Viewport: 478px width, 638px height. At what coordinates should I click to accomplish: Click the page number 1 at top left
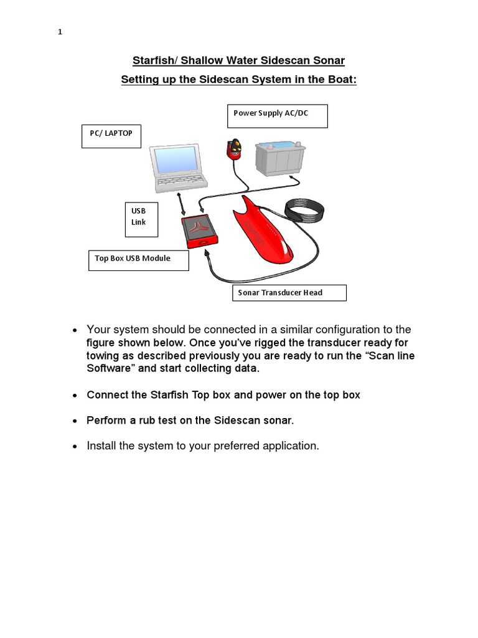[x=60, y=32]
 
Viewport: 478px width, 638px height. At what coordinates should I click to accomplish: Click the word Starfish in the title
[x=152, y=60]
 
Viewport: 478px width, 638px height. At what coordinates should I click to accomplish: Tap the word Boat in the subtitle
[x=340, y=80]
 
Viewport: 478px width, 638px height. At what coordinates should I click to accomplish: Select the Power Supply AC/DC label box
[x=278, y=116]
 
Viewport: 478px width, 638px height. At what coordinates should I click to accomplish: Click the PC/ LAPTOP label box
[x=111, y=136]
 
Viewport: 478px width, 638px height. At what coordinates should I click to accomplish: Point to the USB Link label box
[x=141, y=219]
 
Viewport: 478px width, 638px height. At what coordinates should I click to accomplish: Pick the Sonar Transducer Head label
[x=289, y=292]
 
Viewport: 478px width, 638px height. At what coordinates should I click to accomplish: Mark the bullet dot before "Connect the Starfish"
[x=75, y=396]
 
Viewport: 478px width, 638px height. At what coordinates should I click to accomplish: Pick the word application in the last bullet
[x=289, y=445]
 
